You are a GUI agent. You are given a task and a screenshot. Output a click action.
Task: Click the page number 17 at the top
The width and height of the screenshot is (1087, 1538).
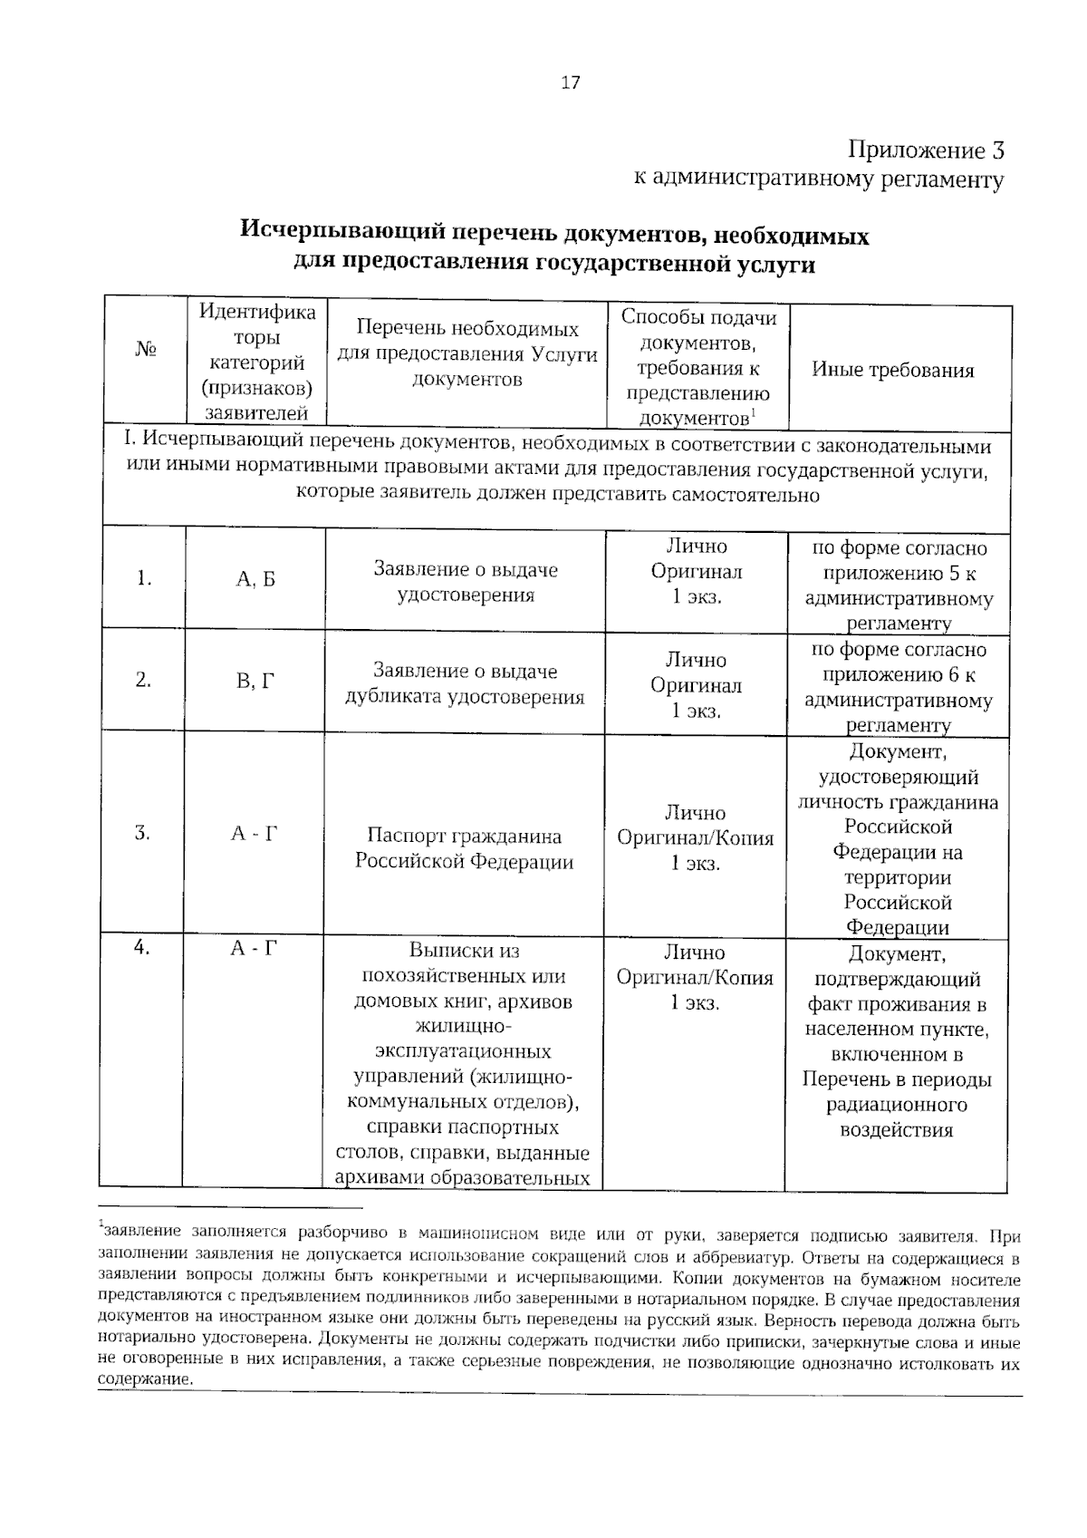pyautogui.click(x=571, y=82)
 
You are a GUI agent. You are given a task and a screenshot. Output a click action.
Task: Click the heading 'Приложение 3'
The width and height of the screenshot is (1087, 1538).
pyautogui.click(x=925, y=150)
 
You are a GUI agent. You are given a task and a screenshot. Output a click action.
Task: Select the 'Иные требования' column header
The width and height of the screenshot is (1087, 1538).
pyautogui.click(x=892, y=370)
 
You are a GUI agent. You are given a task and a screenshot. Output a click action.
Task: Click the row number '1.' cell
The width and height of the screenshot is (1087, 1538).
pyautogui.click(x=143, y=578)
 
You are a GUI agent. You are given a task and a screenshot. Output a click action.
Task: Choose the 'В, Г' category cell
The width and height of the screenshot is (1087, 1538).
pyautogui.click(x=255, y=681)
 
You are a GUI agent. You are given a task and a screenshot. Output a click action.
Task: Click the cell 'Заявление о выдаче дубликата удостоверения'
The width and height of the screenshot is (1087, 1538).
pyautogui.click(x=466, y=684)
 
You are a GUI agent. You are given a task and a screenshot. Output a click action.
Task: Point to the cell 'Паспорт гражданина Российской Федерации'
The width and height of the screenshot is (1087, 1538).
pyautogui.click(x=464, y=848)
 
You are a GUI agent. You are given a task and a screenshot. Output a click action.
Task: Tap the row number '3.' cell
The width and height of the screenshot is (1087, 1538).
pyautogui.click(x=142, y=833)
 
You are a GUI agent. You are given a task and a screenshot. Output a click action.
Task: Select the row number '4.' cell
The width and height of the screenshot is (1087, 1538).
pyautogui.click(x=141, y=947)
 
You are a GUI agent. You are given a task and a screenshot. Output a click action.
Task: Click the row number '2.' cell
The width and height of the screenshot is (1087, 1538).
pyautogui.click(x=143, y=680)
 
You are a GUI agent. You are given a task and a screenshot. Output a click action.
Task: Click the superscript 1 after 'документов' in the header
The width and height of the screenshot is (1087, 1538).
pyautogui.click(x=754, y=413)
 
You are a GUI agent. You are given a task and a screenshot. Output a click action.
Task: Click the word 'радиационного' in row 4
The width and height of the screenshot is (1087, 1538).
pyautogui.click(x=897, y=1106)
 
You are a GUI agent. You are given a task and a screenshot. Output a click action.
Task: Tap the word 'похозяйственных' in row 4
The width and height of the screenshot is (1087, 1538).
pyautogui.click(x=464, y=976)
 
